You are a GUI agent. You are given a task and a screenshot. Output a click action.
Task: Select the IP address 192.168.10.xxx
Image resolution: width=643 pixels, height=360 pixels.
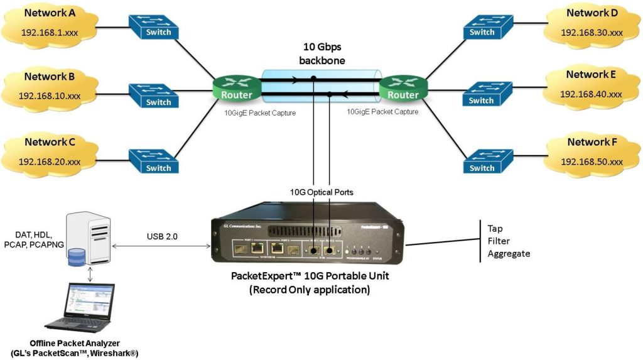[50, 97]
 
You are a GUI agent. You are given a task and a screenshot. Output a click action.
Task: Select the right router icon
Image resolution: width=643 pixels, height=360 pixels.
[403, 89]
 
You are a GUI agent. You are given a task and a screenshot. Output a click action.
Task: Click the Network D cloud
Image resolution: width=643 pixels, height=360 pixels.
[591, 23]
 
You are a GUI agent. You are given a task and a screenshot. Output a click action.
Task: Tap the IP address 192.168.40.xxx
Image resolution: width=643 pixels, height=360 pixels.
[591, 94]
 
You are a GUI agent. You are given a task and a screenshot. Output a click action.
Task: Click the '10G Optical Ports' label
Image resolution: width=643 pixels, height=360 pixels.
[321, 192]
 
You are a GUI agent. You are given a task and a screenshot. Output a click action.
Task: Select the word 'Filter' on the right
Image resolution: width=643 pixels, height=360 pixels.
[499, 241]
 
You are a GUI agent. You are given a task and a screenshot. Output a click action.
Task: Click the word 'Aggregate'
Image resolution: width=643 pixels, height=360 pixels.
[509, 254]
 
